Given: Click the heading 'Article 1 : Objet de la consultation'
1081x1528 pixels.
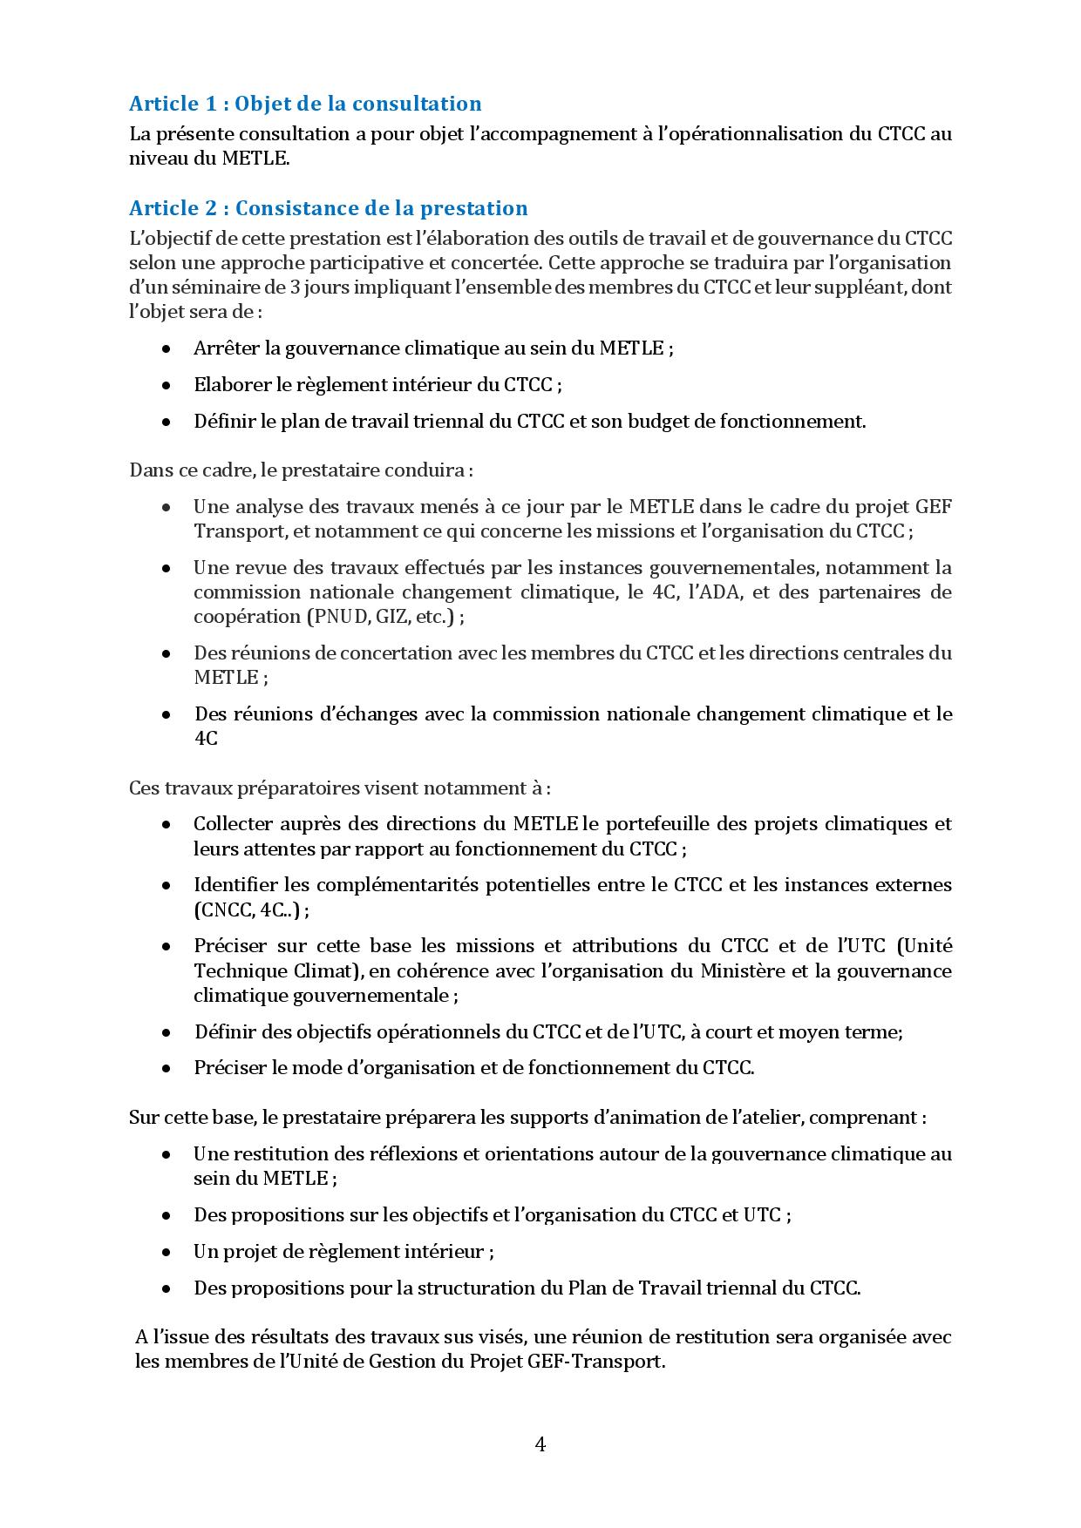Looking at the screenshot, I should pos(305,104).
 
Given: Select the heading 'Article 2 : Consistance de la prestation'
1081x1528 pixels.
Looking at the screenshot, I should pos(329,208).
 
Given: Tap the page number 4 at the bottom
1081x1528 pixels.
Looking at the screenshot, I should pos(540,1444).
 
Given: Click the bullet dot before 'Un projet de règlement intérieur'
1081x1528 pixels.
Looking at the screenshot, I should pos(166,1252).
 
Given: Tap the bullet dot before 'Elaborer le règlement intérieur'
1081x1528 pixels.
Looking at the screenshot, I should pos(166,385).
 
